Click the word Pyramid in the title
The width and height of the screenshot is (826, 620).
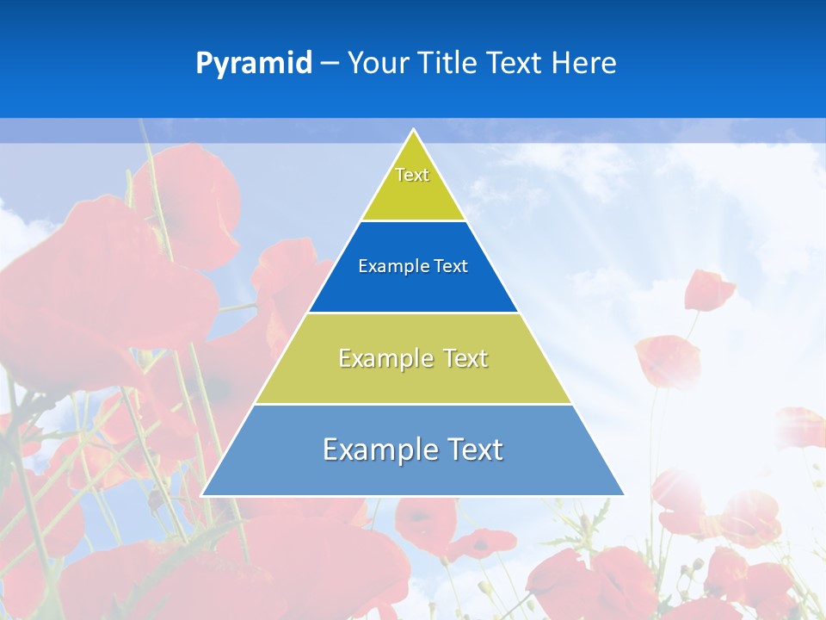(254, 64)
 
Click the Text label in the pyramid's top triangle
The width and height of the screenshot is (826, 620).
(412, 175)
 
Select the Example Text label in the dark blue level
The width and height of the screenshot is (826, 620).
(413, 266)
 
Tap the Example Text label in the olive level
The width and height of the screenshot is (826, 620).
(413, 358)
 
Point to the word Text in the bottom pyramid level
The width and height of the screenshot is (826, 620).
(473, 449)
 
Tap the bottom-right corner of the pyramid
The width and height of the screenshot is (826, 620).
(624, 495)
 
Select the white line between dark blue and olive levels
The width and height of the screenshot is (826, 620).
(413, 313)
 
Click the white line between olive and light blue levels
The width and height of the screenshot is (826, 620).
(413, 404)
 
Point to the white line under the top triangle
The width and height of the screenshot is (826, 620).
(413, 220)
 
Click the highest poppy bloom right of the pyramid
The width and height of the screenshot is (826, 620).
(708, 290)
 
